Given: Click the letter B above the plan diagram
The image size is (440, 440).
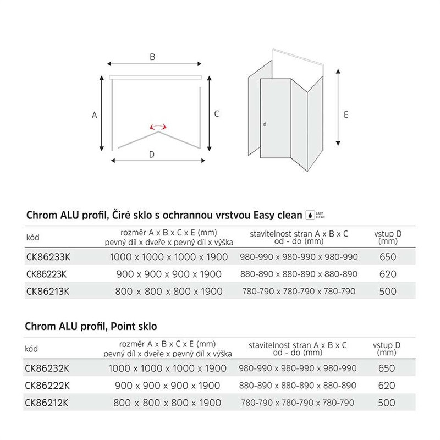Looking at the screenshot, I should click(153, 57).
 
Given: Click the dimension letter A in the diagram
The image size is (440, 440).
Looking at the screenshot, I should click(95, 115).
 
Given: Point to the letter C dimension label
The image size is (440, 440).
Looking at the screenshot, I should click(217, 113).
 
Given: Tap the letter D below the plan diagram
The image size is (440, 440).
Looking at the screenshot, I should click(152, 155).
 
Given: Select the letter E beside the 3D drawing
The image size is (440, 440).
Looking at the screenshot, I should click(345, 114).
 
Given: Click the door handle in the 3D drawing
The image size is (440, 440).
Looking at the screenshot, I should click(265, 125).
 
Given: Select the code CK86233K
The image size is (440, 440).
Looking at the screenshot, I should click(47, 257).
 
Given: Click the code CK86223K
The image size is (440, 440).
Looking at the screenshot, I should click(47, 274).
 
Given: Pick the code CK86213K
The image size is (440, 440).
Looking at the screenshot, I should click(47, 291).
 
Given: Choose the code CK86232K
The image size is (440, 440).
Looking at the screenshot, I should click(47, 369).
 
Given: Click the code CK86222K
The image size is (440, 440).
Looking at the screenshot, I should click(47, 386).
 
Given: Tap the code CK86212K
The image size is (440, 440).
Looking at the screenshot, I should click(47, 403).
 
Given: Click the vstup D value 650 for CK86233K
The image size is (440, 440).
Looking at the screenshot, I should click(387, 257).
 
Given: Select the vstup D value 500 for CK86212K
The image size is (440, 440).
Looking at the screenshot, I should click(387, 403).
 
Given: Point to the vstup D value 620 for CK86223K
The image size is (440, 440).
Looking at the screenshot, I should click(387, 274).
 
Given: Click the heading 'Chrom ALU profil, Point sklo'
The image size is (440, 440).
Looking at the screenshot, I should click(91, 327).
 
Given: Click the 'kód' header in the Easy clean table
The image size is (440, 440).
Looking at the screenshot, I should click(33, 238).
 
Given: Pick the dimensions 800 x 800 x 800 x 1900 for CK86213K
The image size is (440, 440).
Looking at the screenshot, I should click(169, 291).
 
